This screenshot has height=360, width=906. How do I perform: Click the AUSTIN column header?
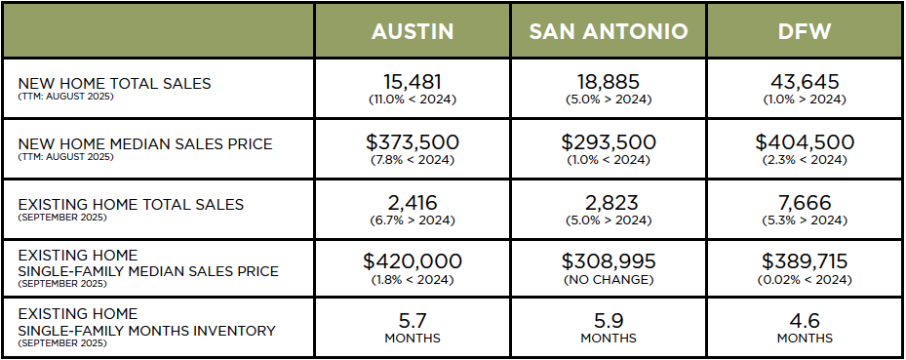tap(413, 31)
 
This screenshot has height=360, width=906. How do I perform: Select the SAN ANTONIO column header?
tap(609, 31)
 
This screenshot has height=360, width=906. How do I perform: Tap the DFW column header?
tap(805, 31)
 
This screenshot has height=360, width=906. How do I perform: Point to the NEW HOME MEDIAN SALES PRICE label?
tap(144, 143)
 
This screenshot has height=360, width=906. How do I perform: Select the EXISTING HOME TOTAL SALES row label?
tap(131, 204)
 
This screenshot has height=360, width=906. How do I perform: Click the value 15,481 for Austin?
tap(413, 82)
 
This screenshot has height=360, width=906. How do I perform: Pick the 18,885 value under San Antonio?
tap(609, 82)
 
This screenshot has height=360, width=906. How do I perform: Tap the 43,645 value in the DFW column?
tap(805, 82)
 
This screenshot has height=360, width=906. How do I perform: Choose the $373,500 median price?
tap(413, 142)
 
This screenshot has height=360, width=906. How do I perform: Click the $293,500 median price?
tap(609, 142)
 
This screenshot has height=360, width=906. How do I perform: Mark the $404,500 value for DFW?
tap(805, 142)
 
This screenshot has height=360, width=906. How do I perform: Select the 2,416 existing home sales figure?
tap(413, 202)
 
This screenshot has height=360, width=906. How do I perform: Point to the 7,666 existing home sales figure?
tap(805, 202)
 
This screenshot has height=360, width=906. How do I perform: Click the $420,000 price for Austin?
tap(413, 261)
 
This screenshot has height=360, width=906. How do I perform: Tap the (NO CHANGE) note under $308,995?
tap(609, 279)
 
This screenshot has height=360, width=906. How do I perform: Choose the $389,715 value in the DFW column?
tap(805, 261)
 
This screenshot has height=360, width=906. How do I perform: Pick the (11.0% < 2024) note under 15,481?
tap(413, 100)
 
